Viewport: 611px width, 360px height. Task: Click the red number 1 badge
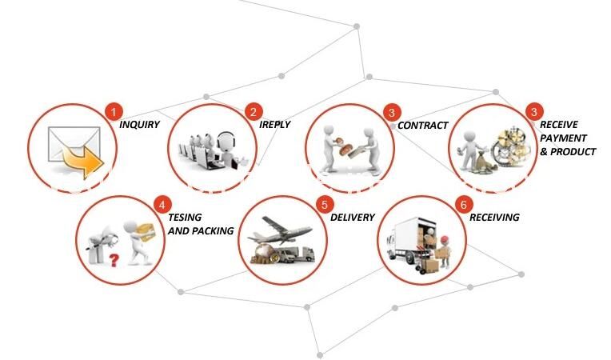click(114, 113)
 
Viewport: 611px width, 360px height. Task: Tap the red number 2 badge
click(254, 113)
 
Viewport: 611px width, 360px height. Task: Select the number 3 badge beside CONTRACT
click(392, 113)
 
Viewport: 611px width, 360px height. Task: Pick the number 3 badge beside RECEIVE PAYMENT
click(534, 112)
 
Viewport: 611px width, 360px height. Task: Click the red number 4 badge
click(162, 205)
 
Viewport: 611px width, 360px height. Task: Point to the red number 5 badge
click(325, 205)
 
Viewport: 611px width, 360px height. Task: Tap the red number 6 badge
click(464, 205)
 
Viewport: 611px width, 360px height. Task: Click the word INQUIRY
click(139, 125)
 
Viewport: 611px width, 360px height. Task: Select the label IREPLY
click(275, 125)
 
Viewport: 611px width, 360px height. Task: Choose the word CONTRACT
click(423, 126)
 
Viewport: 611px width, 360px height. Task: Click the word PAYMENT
click(563, 138)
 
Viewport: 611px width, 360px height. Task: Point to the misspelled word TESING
click(185, 218)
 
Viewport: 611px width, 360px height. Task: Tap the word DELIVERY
click(352, 218)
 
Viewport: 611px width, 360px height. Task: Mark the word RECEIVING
click(494, 218)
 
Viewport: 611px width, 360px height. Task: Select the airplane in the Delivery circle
click(280, 230)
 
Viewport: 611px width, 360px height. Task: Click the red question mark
click(114, 260)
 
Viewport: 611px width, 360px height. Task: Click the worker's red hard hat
click(444, 239)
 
